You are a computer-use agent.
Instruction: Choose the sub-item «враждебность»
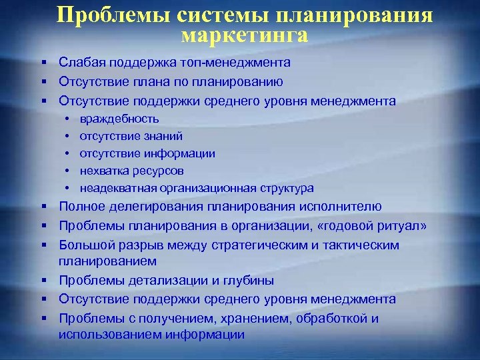119,119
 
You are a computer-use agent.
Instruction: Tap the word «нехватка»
104,171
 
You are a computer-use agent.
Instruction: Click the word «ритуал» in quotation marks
399,226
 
